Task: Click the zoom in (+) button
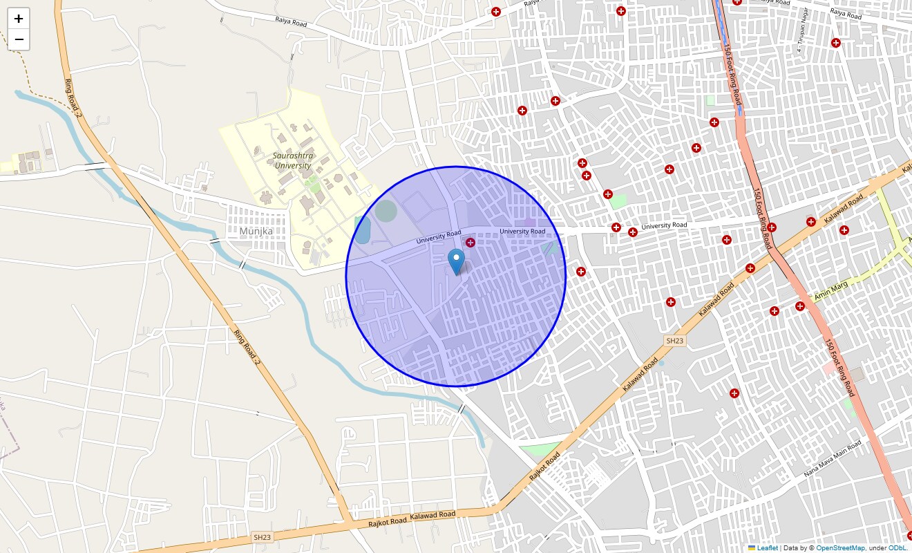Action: [x=19, y=19]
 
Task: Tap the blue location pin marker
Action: [x=456, y=261]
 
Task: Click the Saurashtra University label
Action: [x=293, y=161]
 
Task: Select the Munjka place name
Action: [x=256, y=231]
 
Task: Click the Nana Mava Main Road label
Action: [x=833, y=459]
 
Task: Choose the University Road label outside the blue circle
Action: [x=664, y=225]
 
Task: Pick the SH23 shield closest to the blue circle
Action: [x=674, y=341]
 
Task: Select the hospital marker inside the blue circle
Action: [x=471, y=242]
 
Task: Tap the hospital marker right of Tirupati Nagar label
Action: [x=836, y=43]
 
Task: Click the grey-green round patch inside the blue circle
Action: [x=386, y=210]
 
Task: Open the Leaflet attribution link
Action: [x=767, y=548]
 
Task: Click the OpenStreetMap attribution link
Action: [x=840, y=548]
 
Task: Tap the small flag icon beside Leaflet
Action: [x=752, y=548]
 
